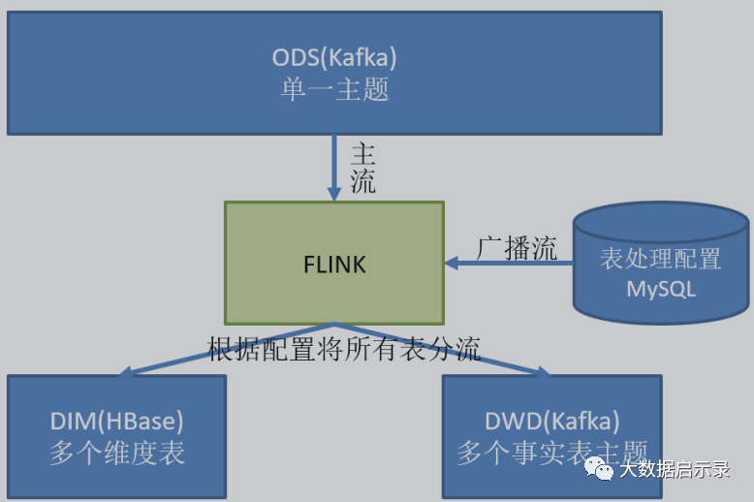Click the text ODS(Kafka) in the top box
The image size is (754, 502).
pos(334,57)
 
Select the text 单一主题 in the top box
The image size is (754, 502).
pos(334,90)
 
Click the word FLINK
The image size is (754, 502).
pos(334,264)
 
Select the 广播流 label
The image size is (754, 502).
pos(517,248)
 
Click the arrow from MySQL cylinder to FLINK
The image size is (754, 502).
pos(508,263)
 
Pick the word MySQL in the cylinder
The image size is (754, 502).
pos(661,289)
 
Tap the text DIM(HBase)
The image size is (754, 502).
pos(116,422)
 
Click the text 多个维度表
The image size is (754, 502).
pos(116,453)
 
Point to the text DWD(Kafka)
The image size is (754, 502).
pos(551,422)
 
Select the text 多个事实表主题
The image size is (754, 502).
pos(551,453)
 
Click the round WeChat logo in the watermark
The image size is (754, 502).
pos(603,469)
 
